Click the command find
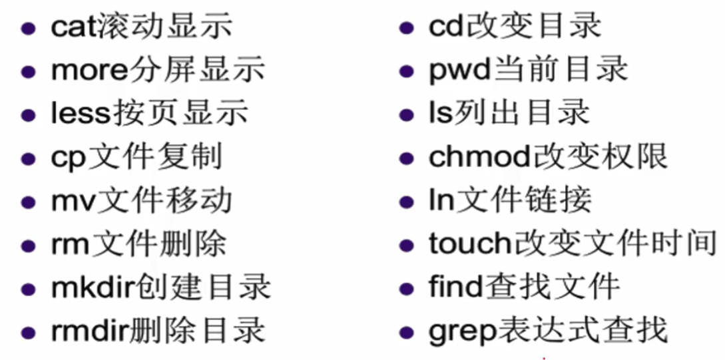(x=455, y=287)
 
